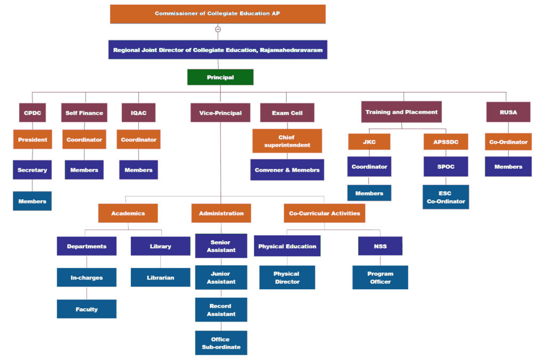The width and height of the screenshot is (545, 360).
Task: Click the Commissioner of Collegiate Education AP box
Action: coord(218,14)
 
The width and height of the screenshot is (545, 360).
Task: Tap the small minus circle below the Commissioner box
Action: coord(218,29)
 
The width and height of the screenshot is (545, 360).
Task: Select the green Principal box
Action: coord(220,77)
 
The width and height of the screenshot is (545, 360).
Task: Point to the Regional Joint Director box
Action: coord(218,50)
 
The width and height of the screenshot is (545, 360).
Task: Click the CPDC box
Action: coord(32,112)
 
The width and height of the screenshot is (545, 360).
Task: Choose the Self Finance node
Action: coord(84,112)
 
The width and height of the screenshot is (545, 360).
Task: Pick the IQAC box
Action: coord(138,112)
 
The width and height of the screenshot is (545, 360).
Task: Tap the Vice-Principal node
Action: coord(220,112)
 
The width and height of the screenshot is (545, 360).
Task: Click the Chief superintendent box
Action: coord(287,141)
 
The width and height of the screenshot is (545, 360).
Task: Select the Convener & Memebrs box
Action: coord(287,170)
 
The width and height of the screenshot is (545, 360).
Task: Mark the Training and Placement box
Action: coord(401,112)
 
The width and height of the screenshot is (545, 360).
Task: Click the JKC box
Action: coord(369,142)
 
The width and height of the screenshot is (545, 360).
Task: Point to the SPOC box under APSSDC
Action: coord(446,167)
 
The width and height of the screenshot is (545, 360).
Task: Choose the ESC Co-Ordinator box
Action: coord(446,197)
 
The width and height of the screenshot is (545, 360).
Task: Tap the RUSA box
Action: coord(508,112)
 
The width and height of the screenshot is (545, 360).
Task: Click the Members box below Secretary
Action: coord(32,201)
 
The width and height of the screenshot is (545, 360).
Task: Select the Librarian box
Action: coord(161,277)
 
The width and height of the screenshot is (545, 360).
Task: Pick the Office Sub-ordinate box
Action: coord(221,343)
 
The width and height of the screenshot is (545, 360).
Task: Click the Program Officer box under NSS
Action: coord(380,277)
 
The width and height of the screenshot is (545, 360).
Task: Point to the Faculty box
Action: coord(87,309)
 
